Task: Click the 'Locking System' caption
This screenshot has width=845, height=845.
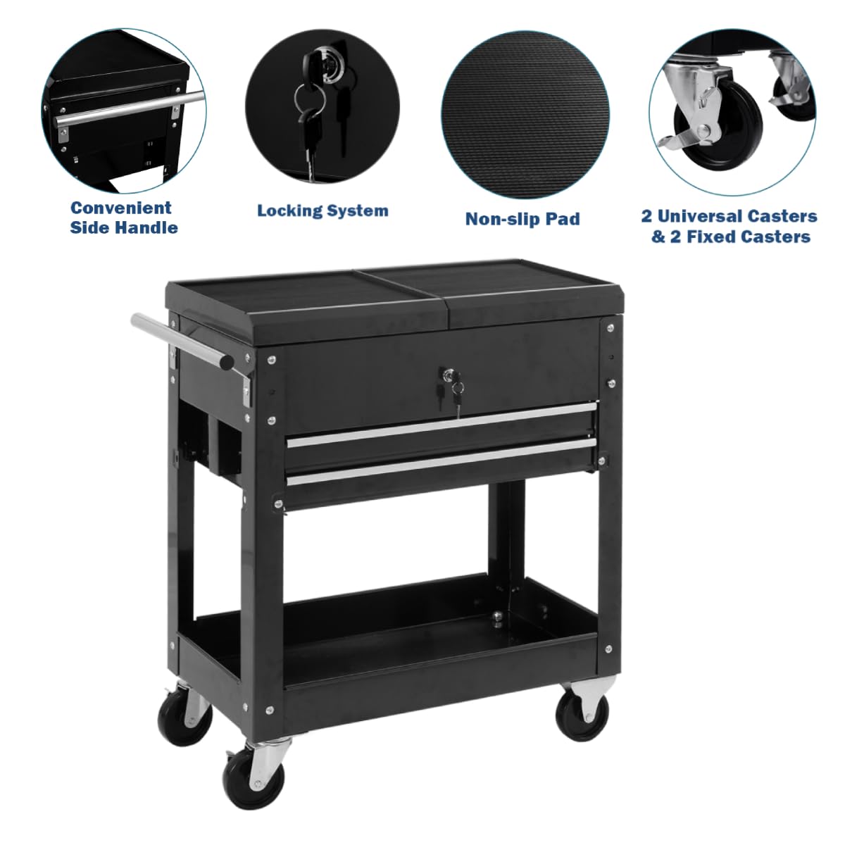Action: [x=323, y=211]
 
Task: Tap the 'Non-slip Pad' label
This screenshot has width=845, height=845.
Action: [x=522, y=218]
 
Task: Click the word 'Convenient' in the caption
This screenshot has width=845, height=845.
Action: [x=121, y=208]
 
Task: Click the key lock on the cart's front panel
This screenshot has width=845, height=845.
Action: [x=448, y=373]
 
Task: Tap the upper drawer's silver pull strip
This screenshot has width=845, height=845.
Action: [x=442, y=425]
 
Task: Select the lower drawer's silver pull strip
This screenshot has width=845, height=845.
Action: [x=442, y=462]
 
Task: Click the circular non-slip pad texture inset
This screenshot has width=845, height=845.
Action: [x=525, y=115]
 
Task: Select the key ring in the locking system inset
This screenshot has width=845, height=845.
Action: [x=310, y=98]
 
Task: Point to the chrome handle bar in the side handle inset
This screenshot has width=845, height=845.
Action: [x=130, y=108]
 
